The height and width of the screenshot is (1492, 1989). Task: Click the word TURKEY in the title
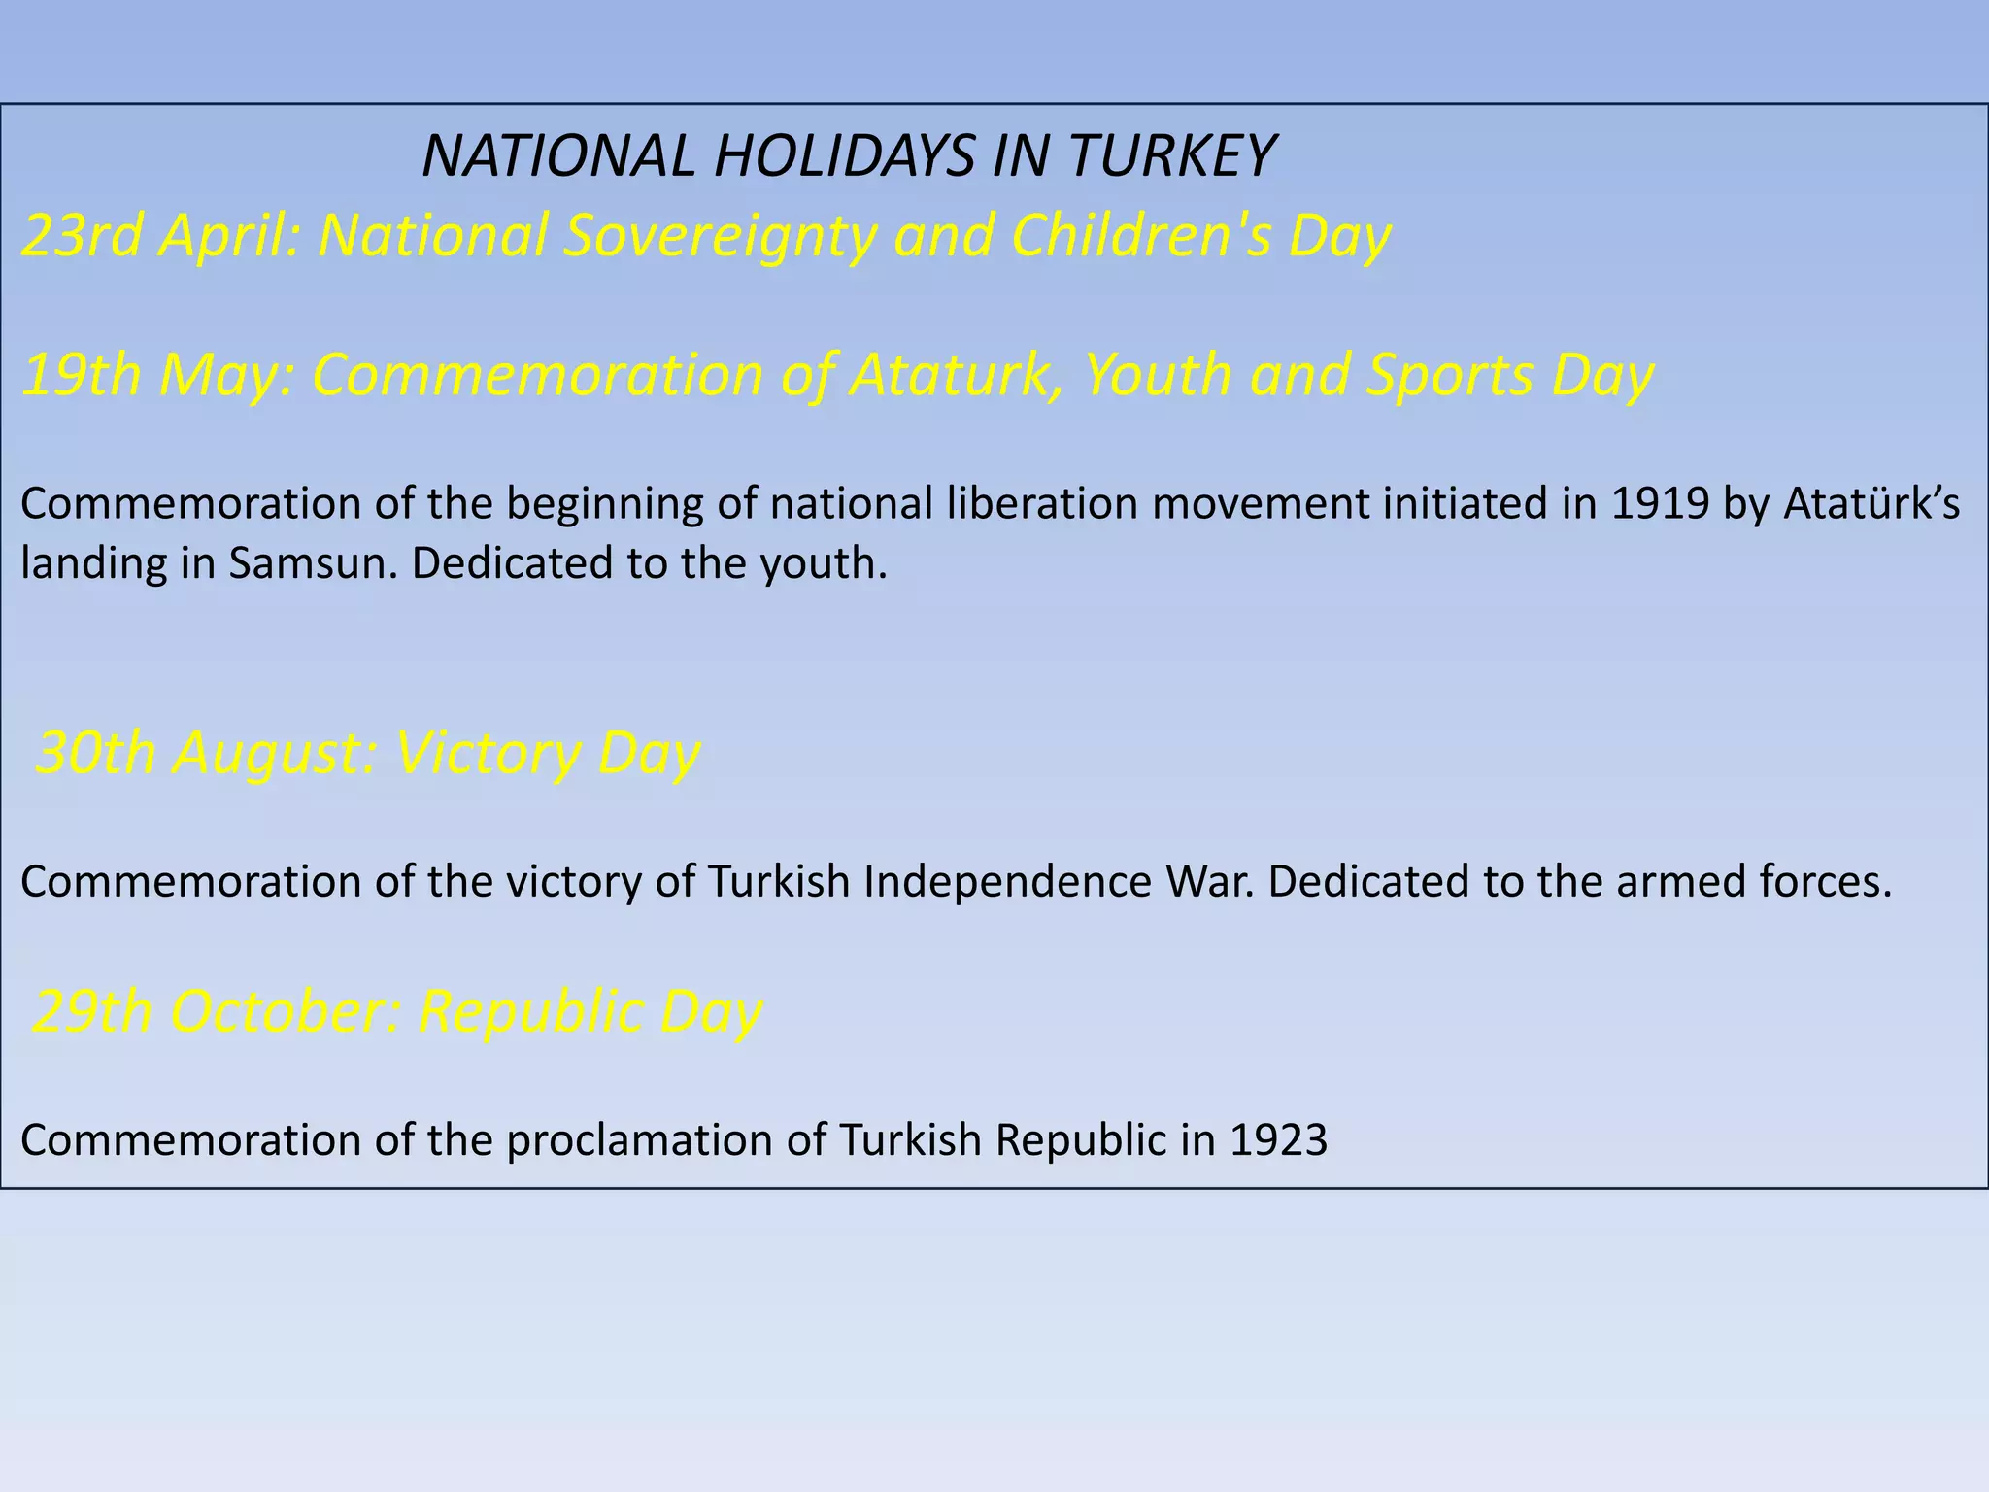[1170, 155]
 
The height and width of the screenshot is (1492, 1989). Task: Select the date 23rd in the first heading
[82, 235]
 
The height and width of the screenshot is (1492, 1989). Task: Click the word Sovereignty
[720, 237]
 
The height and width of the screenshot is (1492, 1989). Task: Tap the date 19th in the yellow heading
[82, 375]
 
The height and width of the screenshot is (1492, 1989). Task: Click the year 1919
[1660, 503]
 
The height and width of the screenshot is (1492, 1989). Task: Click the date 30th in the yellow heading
[95, 753]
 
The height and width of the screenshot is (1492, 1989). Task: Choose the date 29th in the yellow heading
[93, 1011]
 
